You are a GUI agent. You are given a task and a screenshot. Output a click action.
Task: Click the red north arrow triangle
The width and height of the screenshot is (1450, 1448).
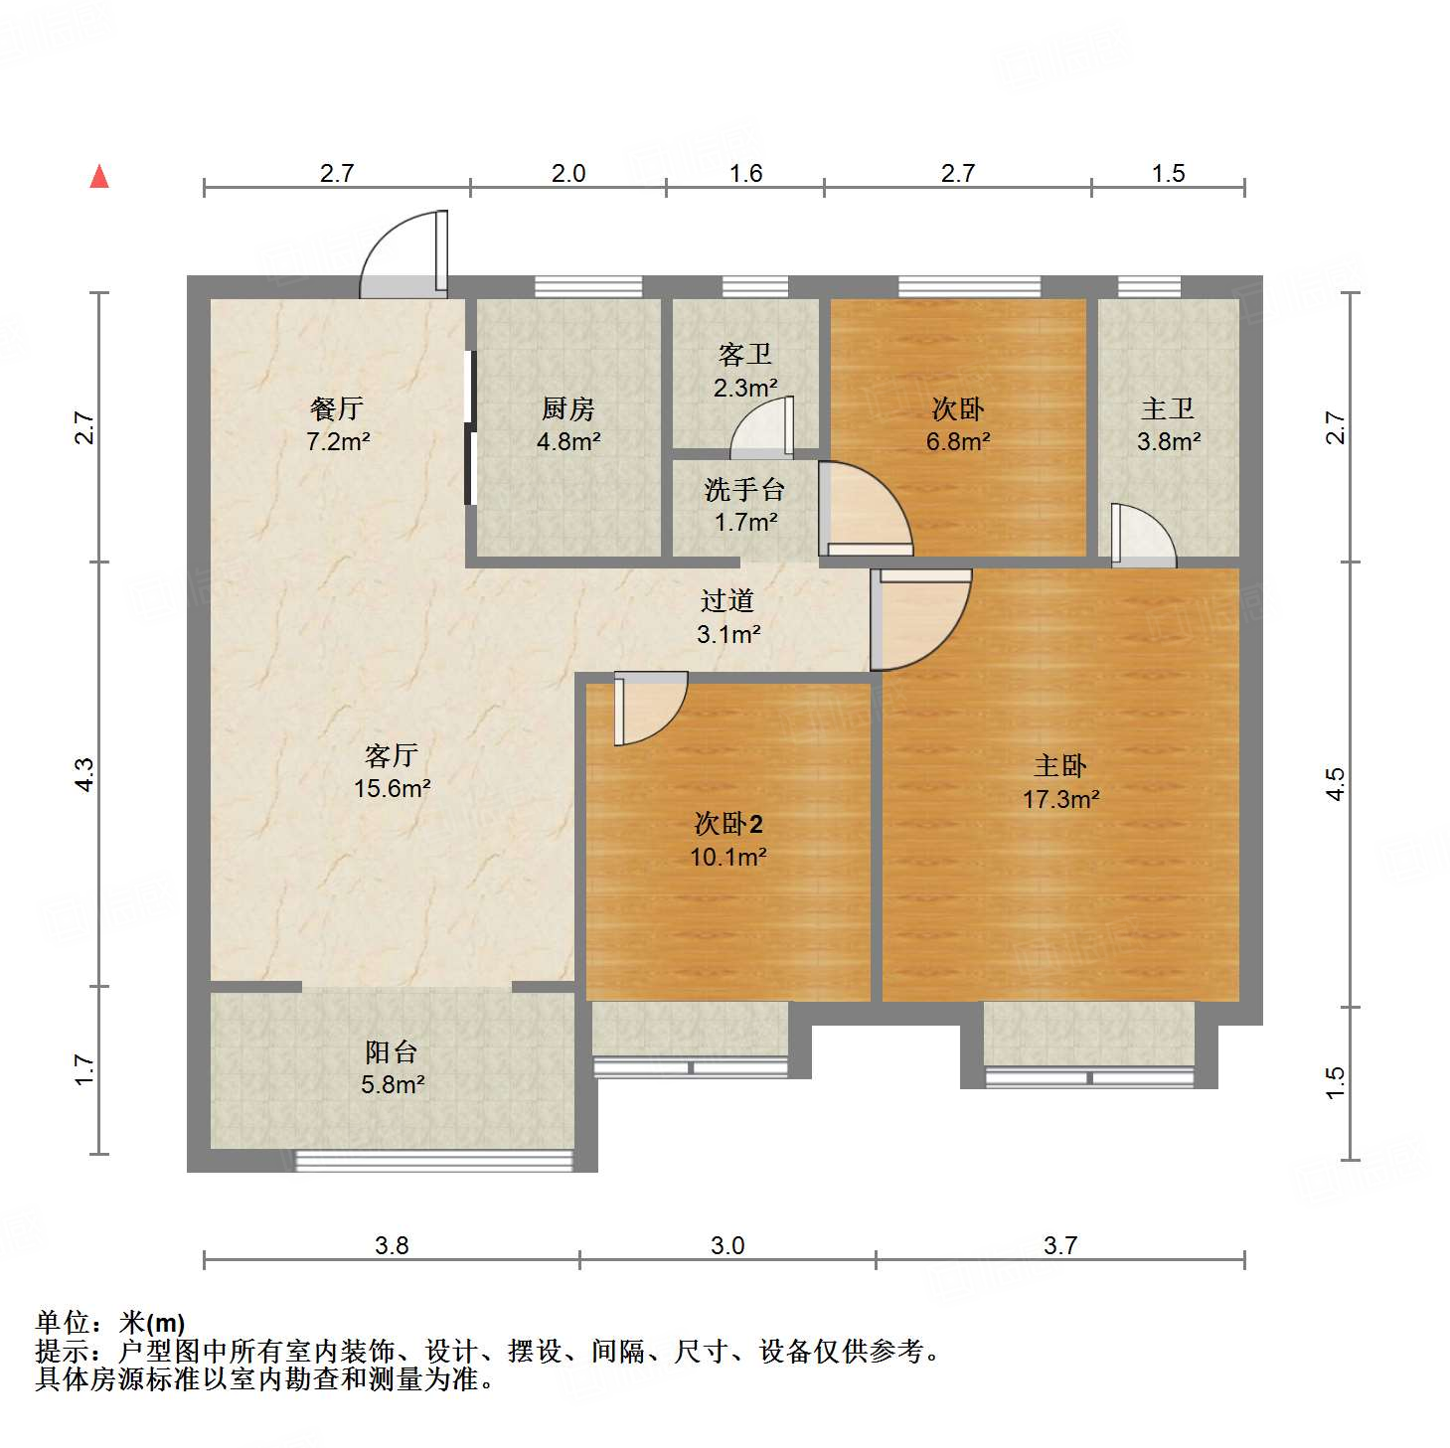(x=99, y=177)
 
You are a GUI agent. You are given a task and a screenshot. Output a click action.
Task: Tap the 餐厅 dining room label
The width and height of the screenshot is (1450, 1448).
(x=337, y=408)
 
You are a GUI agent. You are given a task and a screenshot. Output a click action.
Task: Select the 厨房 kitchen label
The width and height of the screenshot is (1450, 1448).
(x=568, y=408)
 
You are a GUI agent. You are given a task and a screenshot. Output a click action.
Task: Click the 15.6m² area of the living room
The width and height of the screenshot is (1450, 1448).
(x=393, y=789)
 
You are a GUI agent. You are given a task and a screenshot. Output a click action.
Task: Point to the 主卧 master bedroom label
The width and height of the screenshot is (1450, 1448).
(x=1060, y=766)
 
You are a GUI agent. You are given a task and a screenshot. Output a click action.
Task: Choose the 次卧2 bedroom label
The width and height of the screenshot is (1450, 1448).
(x=728, y=824)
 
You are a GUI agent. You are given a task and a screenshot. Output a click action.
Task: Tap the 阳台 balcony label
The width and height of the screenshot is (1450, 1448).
(x=392, y=1051)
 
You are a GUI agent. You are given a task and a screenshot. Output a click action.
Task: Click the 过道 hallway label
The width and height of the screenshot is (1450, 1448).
(x=727, y=600)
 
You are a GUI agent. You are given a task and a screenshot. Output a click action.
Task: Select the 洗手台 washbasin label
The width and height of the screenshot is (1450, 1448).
(x=744, y=489)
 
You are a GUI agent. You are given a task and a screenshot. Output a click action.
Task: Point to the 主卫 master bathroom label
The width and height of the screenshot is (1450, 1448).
(x=1168, y=408)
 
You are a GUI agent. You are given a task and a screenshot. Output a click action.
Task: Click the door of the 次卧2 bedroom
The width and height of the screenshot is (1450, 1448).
(x=648, y=708)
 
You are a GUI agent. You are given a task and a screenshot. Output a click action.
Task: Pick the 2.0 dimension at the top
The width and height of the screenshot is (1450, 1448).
(x=568, y=174)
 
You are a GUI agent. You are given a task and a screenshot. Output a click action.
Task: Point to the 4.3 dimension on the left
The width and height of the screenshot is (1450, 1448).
(x=85, y=774)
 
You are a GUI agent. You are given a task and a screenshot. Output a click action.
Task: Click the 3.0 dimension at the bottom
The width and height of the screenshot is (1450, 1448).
(x=727, y=1245)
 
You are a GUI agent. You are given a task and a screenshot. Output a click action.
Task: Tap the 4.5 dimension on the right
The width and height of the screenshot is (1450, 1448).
(x=1337, y=783)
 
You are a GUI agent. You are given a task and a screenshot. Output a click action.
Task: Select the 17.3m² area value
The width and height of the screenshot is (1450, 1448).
(x=1061, y=799)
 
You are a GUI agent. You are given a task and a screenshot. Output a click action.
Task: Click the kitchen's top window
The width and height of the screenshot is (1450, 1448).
(x=588, y=287)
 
